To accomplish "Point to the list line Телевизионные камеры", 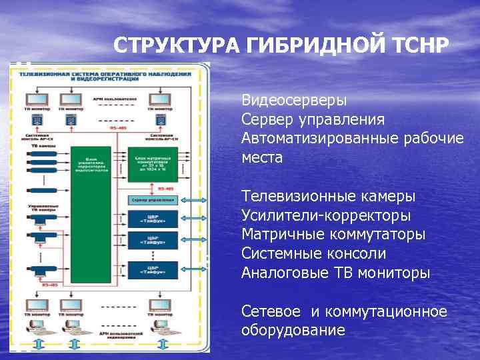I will [328, 197].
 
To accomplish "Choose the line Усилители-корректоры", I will [326, 216].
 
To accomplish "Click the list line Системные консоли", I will [313, 254].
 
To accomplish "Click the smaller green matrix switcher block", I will [153, 163].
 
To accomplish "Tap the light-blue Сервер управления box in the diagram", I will [153, 200].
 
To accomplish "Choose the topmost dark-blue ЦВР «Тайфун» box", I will [153, 219].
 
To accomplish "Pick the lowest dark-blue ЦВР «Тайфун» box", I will [153, 270].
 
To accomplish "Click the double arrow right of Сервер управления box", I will [193, 200].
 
